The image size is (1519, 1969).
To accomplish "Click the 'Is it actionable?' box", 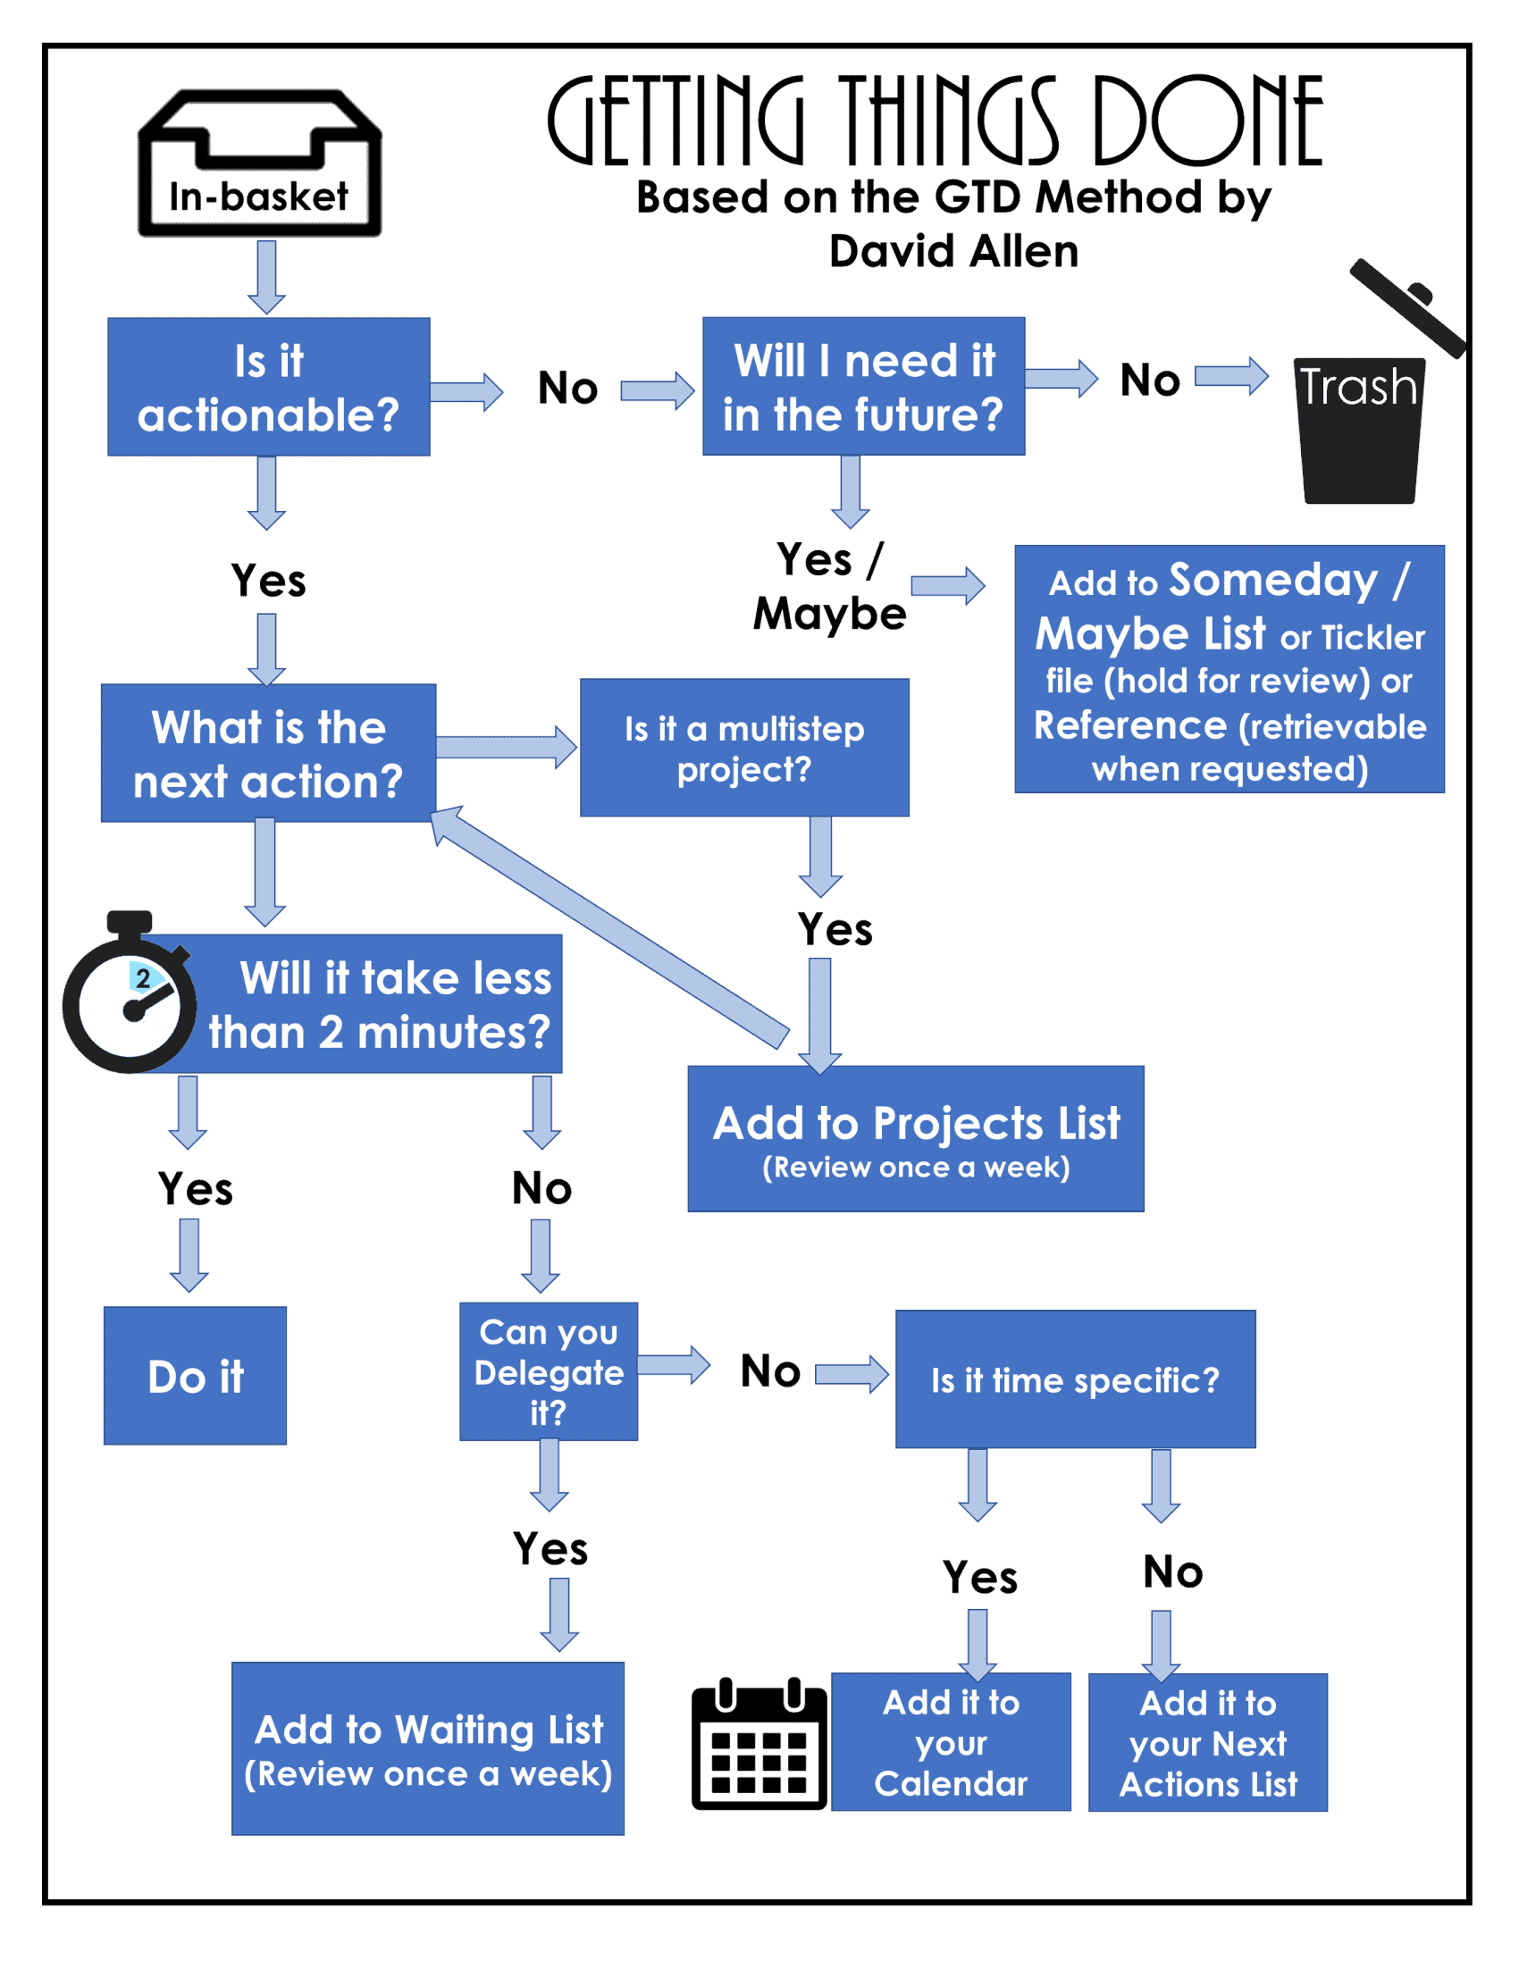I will (269, 387).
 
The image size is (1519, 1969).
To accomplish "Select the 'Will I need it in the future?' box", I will (863, 386).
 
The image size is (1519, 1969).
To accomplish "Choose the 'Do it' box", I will (196, 1376).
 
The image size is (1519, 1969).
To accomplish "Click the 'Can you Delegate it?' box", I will (548, 1370).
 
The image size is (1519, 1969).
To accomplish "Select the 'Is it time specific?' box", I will (1075, 1379).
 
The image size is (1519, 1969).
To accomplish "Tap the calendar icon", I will (759, 1746).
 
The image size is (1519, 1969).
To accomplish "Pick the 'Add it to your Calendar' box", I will (950, 1742).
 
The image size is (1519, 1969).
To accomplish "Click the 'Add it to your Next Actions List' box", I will (1207, 1743).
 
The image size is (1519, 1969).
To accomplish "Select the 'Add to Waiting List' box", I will (428, 1749).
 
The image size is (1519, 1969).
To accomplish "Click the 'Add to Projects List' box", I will (915, 1139).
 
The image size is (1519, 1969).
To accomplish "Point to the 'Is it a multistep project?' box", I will (744, 749).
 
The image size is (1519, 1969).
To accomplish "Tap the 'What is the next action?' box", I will (269, 754).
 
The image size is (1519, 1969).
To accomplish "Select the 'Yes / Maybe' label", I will (830, 586).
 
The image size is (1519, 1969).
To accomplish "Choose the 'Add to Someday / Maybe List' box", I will (1229, 669).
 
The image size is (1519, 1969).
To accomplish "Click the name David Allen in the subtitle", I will (953, 252).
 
